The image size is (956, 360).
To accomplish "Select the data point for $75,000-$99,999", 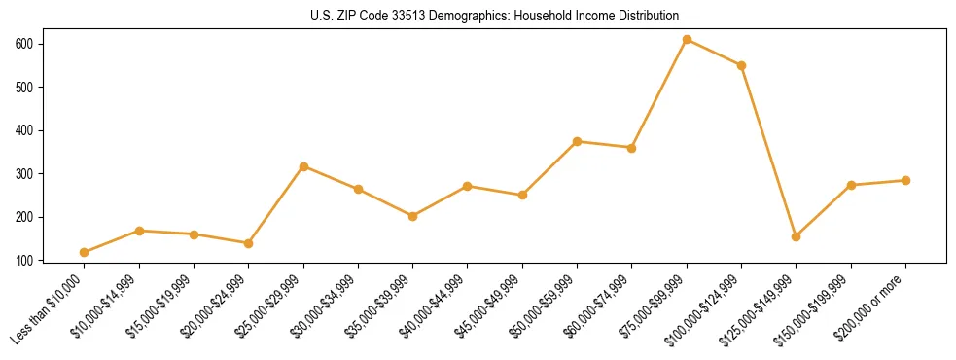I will (687, 40).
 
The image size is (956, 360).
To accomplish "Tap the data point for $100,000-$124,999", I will (741, 65).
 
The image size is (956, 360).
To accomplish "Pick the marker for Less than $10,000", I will (85, 252).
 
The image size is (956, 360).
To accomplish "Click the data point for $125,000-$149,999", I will (796, 236).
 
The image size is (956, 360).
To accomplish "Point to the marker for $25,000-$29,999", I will (303, 166).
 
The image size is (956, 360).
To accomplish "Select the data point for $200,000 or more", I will (905, 180).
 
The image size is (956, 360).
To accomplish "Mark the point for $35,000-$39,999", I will (413, 216).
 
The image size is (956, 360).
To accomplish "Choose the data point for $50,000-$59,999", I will (577, 141).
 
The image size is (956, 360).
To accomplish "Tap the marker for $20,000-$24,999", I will (249, 243).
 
